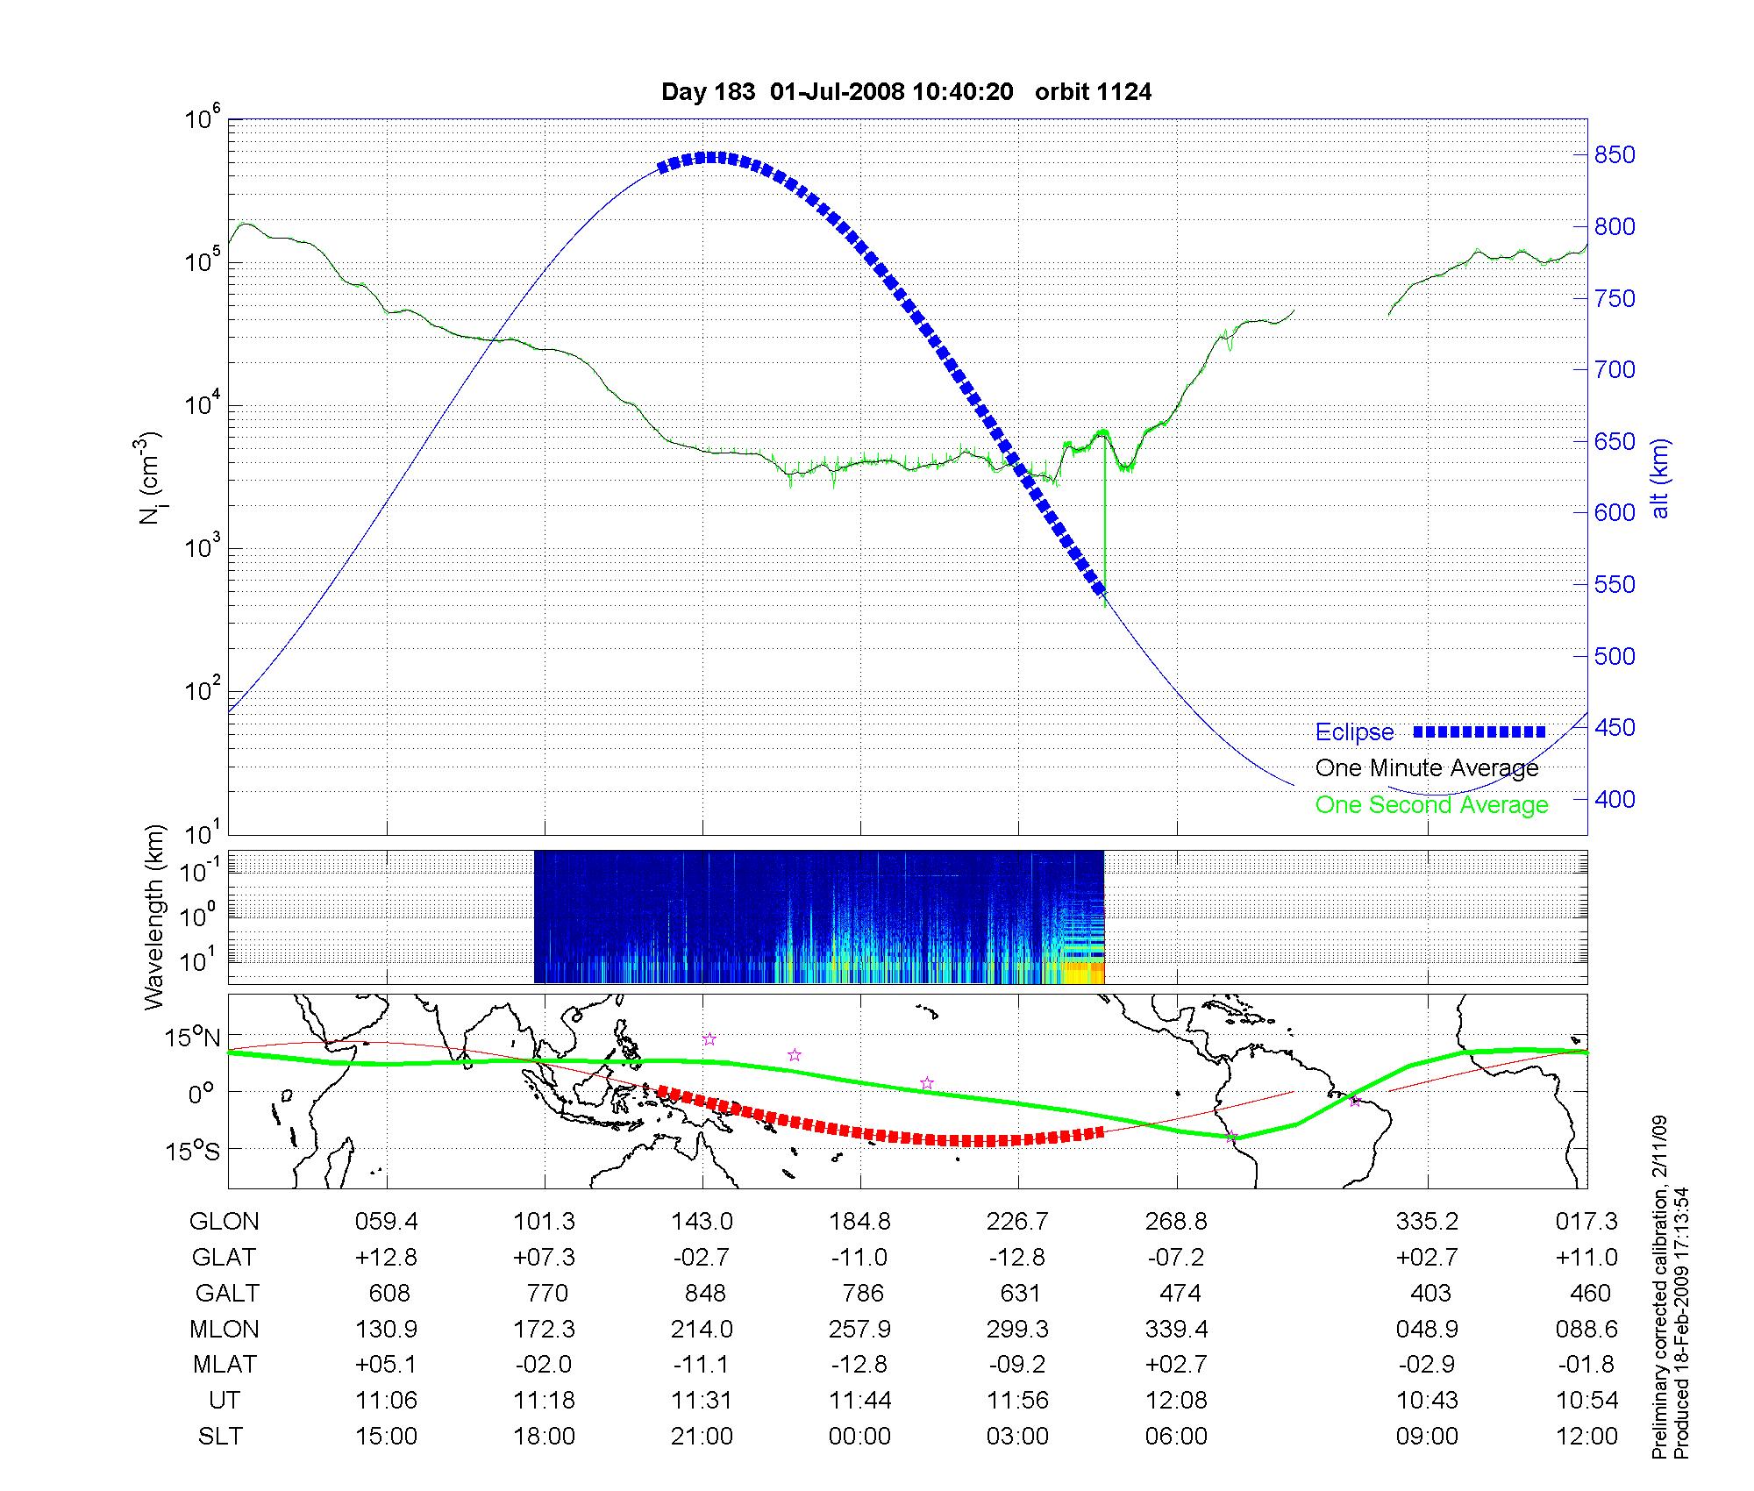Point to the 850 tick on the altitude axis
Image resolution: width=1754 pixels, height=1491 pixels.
click(x=1615, y=155)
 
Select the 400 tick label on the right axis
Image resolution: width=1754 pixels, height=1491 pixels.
click(x=1615, y=799)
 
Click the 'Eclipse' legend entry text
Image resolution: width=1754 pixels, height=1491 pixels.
click(x=1354, y=732)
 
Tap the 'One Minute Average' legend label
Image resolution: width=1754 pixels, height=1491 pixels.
click(x=1427, y=768)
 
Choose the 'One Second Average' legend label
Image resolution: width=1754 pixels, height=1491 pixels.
click(x=1431, y=805)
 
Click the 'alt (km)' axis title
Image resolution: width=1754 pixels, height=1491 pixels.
click(x=1660, y=478)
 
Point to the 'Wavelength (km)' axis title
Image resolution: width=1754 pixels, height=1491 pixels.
click(x=155, y=917)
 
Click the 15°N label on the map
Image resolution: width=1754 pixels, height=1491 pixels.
click(x=193, y=1038)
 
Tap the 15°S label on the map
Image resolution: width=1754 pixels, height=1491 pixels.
click(x=193, y=1150)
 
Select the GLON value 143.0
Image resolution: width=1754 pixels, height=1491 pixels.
click(x=702, y=1222)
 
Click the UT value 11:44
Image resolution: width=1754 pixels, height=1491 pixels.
click(x=860, y=1401)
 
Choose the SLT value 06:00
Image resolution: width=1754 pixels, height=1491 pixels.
click(x=1176, y=1437)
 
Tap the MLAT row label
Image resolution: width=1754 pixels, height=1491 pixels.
click(x=225, y=1365)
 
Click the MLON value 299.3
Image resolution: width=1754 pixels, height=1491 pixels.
click(x=1018, y=1330)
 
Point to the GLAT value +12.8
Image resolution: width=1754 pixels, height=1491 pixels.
click(x=386, y=1258)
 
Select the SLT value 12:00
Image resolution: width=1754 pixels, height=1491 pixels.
click(x=1587, y=1437)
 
